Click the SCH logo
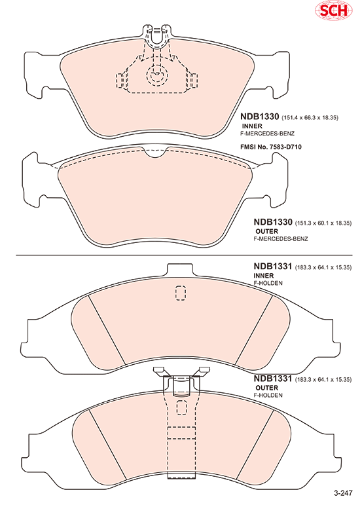(333, 10)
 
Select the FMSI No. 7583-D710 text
(271, 147)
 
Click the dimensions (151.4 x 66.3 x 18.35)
(310, 118)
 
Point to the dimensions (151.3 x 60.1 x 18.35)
(323, 223)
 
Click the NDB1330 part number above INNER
(259, 117)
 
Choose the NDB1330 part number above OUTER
(273, 222)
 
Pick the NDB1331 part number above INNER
(273, 266)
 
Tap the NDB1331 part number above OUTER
(273, 378)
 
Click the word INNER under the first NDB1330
(252, 126)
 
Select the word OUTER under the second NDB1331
(266, 388)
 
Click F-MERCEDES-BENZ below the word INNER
(267, 134)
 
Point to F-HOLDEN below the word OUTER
(268, 395)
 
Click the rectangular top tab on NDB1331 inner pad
(181, 269)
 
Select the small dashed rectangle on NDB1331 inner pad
(181, 293)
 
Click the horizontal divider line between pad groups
(184, 255)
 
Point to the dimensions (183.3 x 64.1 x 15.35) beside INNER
(323, 267)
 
